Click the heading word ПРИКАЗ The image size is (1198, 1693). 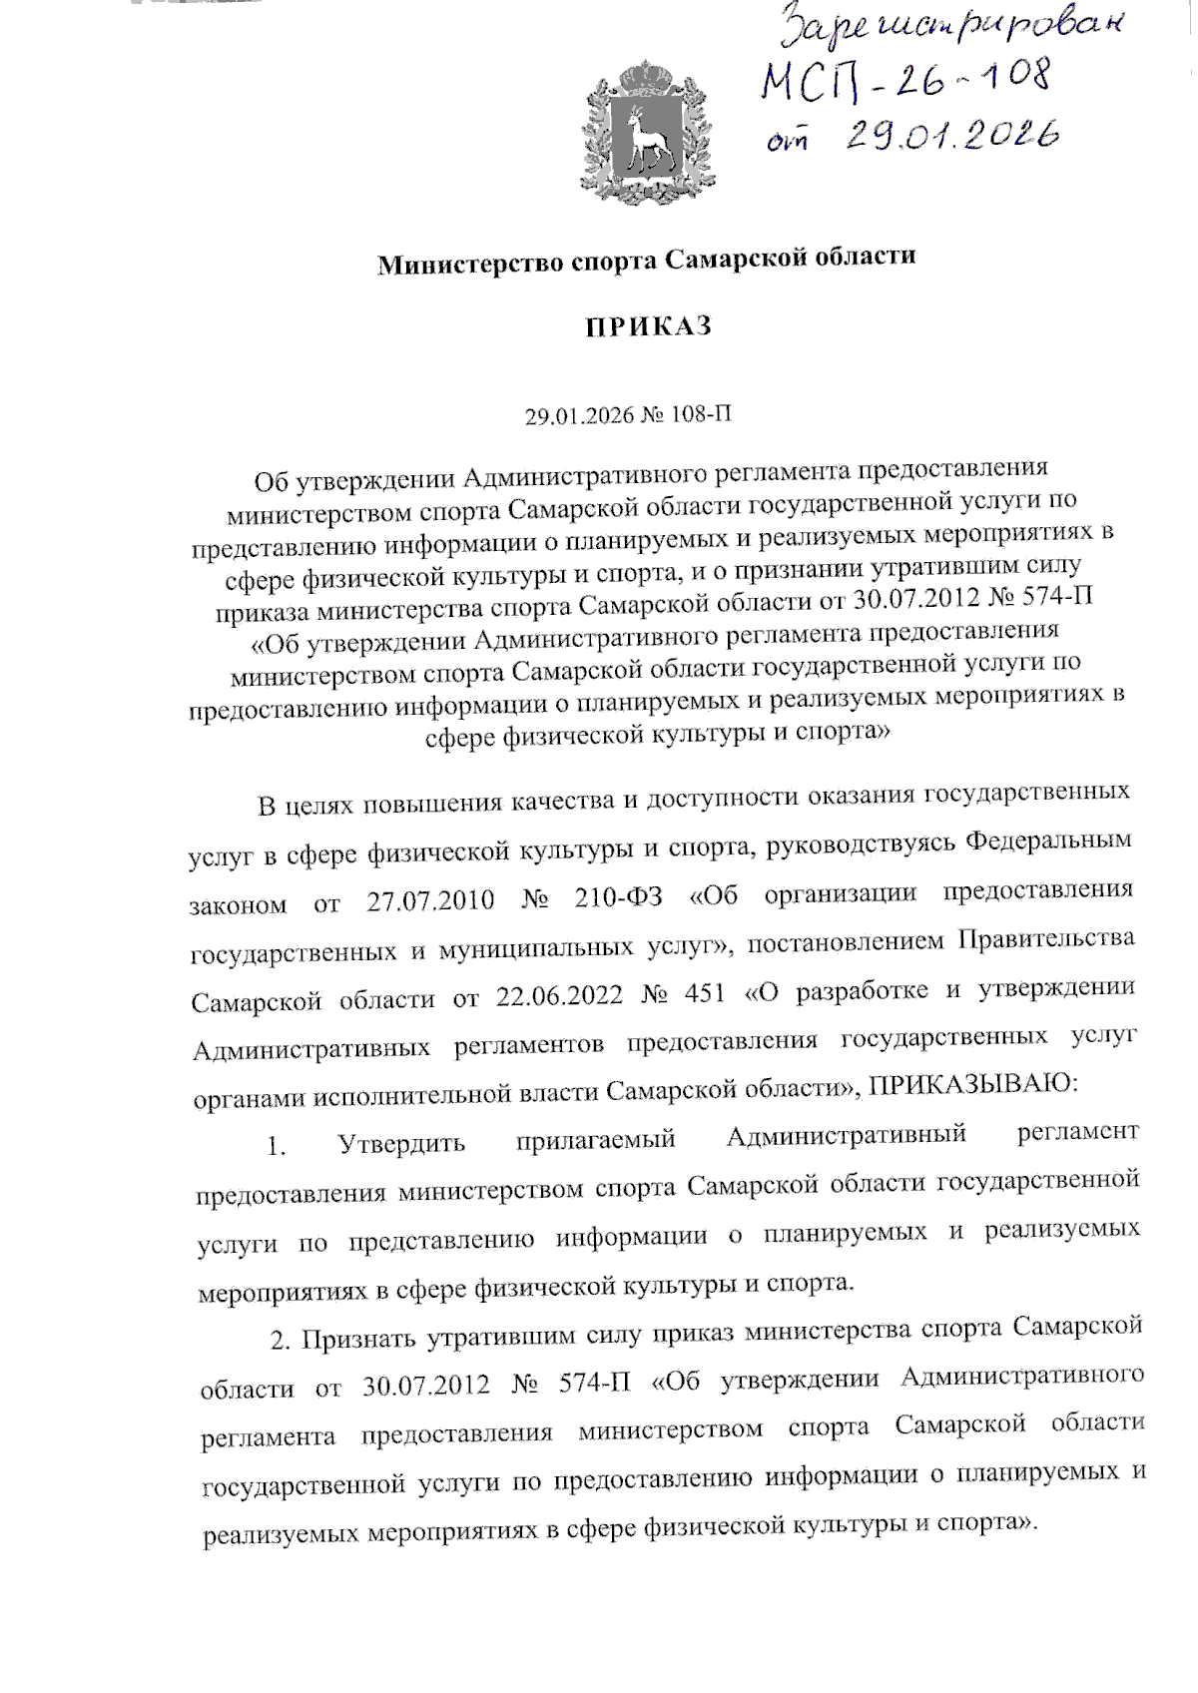tap(648, 327)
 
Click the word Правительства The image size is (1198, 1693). tap(1046, 938)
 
